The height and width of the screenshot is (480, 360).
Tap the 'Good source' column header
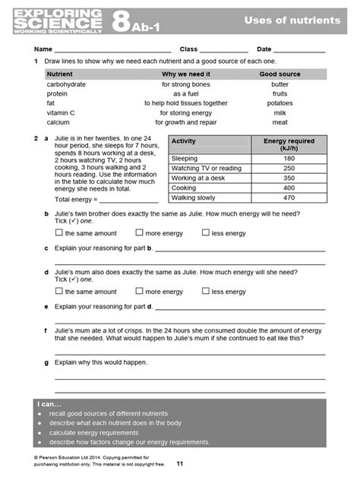pyautogui.click(x=279, y=74)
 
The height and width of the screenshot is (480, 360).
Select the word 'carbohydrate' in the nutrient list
pyautogui.click(x=66, y=84)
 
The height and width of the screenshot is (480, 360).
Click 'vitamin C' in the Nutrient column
pyautogui.click(x=62, y=112)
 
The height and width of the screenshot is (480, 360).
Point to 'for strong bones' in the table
pyautogui.click(x=184, y=84)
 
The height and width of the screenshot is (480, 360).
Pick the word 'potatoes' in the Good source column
pyautogui.click(x=279, y=103)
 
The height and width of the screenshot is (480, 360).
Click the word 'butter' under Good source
pyautogui.click(x=279, y=84)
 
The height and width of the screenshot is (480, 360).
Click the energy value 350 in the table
pyautogui.click(x=289, y=178)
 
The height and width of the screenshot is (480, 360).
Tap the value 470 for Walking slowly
pyautogui.click(x=289, y=197)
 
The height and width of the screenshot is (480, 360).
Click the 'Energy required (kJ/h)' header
pyautogui.click(x=289, y=145)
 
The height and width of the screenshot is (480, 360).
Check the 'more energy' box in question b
pyautogui.click(x=139, y=233)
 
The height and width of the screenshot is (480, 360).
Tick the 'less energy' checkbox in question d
pyautogui.click(x=206, y=291)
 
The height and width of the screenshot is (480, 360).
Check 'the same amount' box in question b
pyautogui.click(x=59, y=233)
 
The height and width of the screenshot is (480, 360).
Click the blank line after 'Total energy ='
pyautogui.click(x=129, y=201)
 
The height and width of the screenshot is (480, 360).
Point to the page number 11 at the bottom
pyautogui.click(x=180, y=463)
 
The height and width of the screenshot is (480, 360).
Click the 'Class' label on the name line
pyautogui.click(x=188, y=49)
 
